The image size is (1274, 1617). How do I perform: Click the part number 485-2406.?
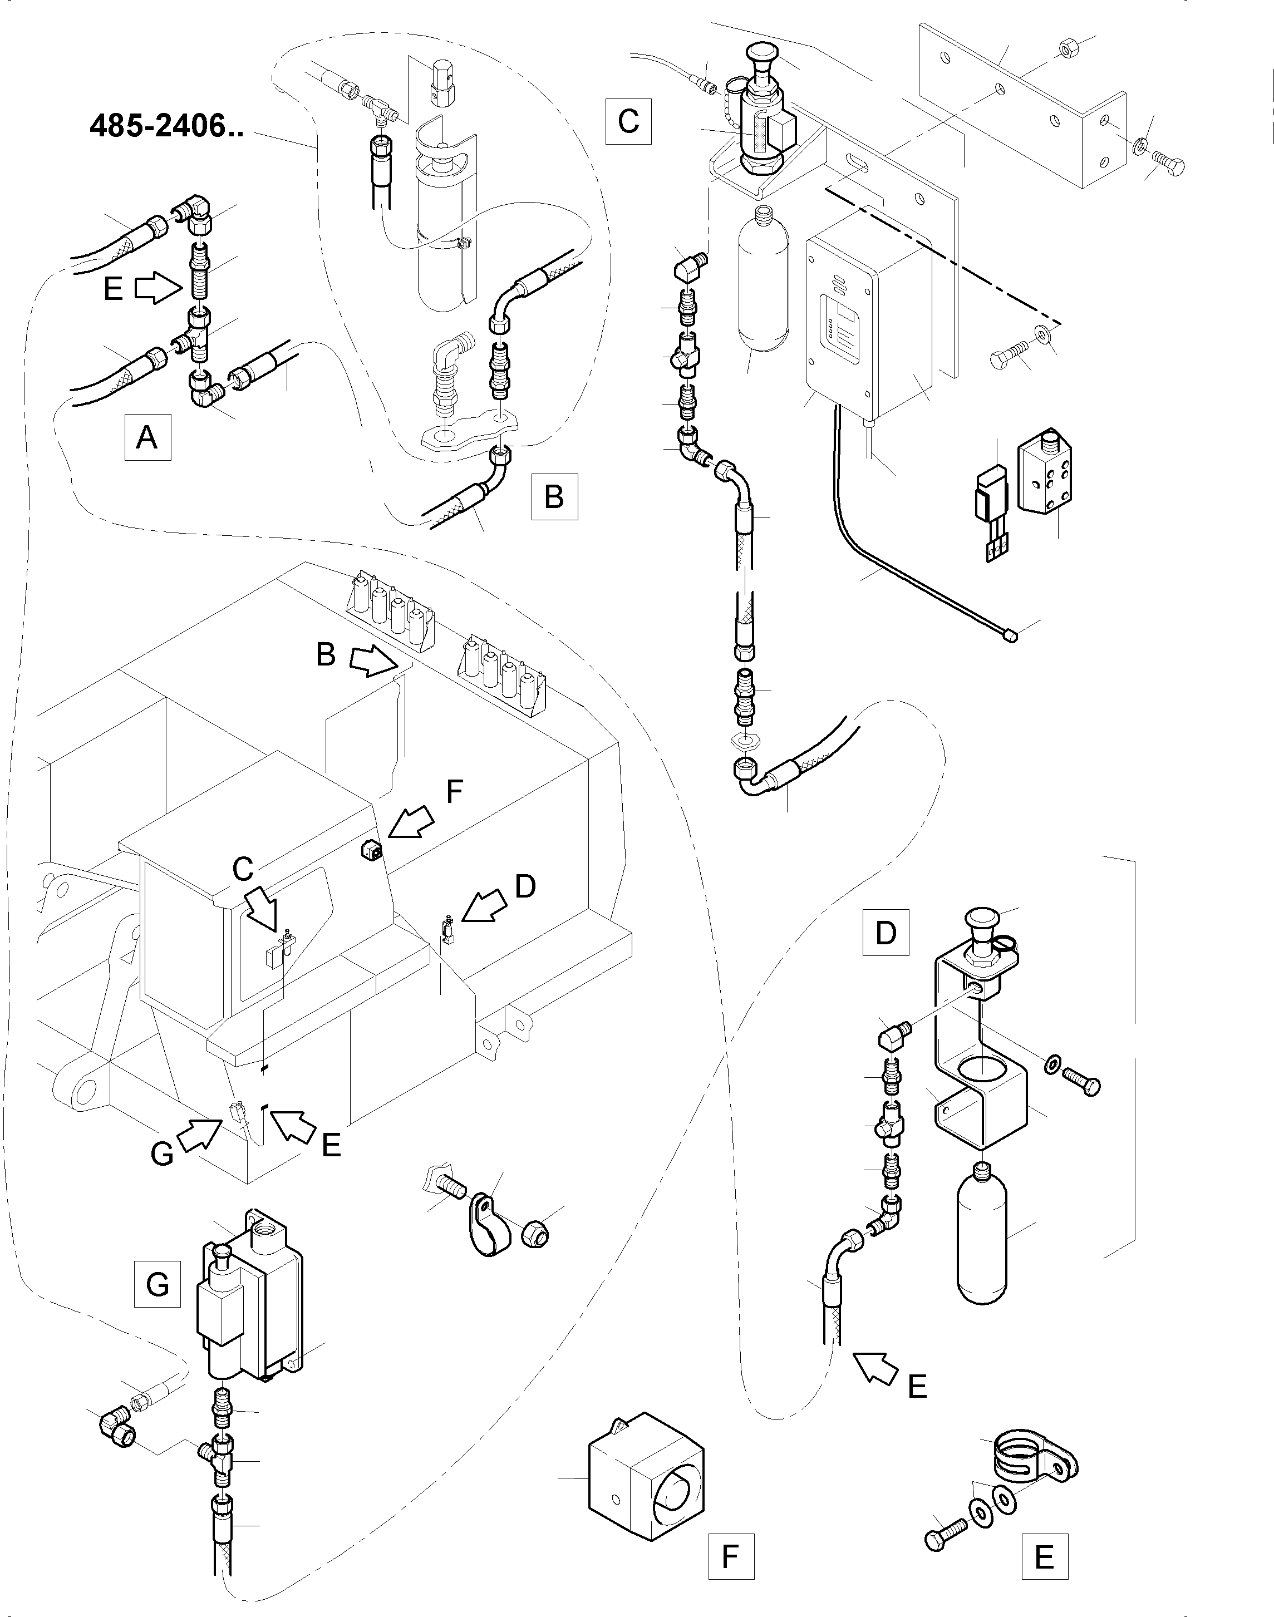[166, 126]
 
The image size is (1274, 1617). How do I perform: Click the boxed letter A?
[147, 436]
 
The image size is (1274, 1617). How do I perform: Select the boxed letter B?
[554, 496]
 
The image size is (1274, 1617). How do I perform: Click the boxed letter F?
[731, 1555]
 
